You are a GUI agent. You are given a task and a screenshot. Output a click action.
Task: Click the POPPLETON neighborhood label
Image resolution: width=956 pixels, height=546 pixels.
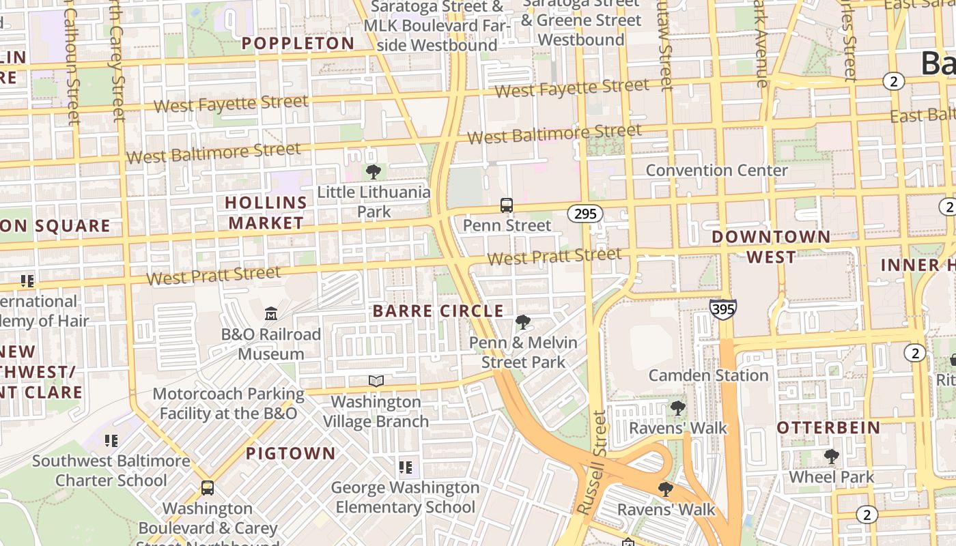tap(298, 44)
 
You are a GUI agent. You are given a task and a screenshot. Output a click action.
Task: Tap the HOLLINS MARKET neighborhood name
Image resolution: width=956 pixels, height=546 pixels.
tap(266, 213)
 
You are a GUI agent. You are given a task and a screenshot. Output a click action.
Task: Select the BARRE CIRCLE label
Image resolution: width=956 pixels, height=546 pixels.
tap(438, 311)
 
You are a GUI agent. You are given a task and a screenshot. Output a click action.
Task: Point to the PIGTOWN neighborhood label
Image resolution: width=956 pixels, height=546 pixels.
tap(291, 453)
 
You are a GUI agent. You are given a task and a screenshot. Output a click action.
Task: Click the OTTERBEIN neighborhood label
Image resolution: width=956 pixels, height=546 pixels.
tap(828, 428)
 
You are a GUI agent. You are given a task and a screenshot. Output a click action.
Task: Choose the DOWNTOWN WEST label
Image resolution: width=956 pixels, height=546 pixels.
tap(771, 247)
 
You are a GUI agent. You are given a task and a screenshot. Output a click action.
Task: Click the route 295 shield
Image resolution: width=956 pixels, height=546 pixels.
tap(585, 214)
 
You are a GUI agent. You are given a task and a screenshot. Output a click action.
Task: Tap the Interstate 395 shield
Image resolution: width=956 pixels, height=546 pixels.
tap(722, 309)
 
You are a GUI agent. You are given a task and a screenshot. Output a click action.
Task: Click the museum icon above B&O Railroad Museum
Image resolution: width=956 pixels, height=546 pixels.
tap(271, 313)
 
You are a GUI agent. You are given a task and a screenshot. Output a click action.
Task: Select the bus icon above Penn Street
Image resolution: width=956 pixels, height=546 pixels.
tap(507, 205)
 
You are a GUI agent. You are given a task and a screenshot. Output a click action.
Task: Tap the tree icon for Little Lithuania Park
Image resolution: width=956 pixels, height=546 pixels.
tap(373, 171)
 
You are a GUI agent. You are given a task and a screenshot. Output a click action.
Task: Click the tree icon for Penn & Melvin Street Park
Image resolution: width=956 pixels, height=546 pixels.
tap(523, 321)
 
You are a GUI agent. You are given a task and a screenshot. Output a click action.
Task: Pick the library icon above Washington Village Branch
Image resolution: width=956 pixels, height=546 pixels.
tap(376, 381)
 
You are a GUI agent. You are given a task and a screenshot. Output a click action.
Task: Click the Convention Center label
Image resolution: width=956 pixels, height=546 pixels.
tap(716, 170)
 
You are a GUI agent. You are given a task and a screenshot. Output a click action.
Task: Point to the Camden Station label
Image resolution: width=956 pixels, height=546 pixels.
tap(708, 375)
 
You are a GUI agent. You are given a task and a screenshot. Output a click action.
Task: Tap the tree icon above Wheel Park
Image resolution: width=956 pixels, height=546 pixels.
tap(831, 456)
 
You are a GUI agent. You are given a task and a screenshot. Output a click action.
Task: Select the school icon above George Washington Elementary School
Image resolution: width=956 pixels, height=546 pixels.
tap(406, 468)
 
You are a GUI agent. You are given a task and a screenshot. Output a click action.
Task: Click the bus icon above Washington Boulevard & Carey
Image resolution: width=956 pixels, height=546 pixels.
tap(208, 488)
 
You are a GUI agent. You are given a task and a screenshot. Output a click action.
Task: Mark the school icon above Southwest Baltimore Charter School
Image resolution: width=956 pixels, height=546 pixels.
tap(111, 440)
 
